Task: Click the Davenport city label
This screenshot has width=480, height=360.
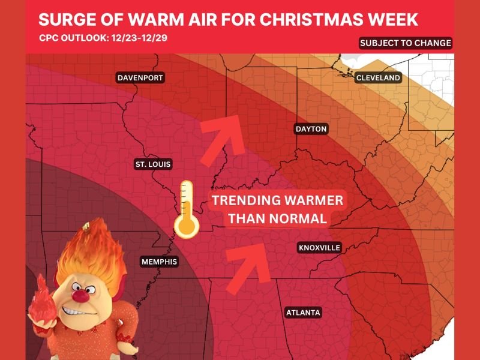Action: [140, 78]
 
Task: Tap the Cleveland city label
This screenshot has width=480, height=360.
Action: [378, 78]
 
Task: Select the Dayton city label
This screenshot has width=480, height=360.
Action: [311, 129]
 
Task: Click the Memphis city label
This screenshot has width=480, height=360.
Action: [159, 262]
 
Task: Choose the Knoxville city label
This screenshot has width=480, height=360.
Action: [319, 247]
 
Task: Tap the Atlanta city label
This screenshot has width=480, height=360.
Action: [303, 313]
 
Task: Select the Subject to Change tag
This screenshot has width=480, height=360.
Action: [405, 43]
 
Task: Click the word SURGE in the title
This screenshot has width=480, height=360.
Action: [64, 19]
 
